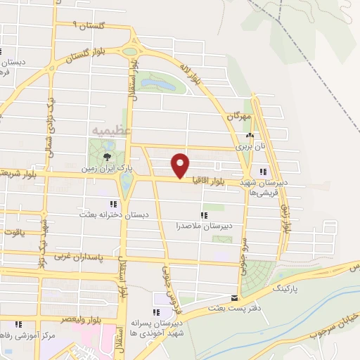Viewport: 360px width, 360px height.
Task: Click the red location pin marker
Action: point(181,165)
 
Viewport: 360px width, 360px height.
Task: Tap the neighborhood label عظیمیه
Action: point(107,131)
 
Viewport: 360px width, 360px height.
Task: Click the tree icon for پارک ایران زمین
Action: point(107,156)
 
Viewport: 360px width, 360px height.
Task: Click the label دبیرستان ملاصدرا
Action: point(204,226)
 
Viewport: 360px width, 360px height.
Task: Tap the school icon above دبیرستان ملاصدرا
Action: point(204,215)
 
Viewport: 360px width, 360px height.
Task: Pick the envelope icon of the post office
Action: point(235,297)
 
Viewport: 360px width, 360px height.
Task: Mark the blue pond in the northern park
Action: point(159,84)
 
